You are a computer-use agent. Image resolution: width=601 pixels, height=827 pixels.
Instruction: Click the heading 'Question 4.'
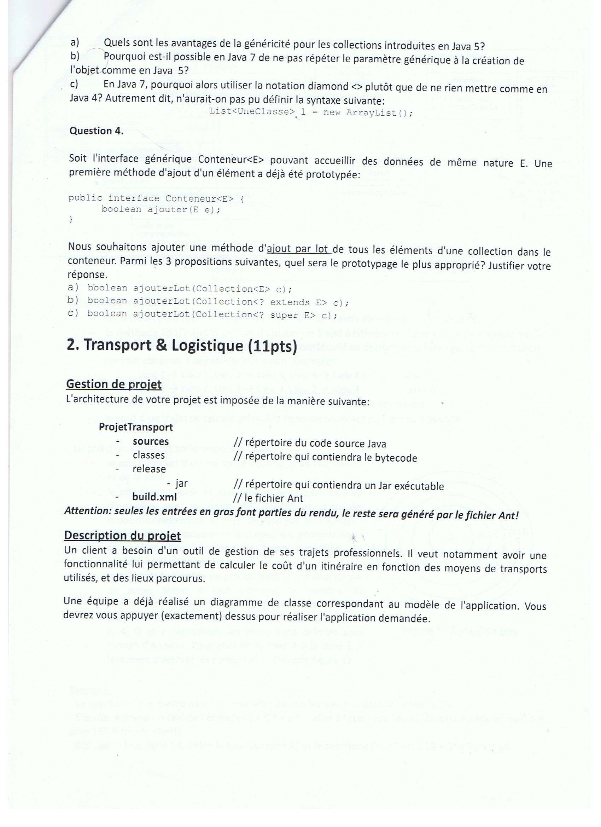point(96,131)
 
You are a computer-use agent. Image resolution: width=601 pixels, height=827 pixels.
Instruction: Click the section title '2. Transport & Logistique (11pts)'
point(182,345)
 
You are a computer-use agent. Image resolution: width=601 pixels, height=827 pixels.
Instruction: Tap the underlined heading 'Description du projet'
point(122,536)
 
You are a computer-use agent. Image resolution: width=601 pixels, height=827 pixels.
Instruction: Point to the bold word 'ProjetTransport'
point(136,427)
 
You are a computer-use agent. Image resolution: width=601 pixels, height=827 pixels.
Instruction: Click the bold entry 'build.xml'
point(154,497)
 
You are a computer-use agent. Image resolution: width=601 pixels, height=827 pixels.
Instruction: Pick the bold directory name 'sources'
point(151,441)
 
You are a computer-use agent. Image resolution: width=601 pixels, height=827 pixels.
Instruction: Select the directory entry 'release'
point(149,469)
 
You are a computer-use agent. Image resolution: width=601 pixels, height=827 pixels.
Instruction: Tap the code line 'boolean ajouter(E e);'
point(161,210)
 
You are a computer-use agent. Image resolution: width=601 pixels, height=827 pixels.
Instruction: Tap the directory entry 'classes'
point(149,455)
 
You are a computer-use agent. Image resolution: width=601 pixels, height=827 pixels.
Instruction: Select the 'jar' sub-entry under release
point(181,484)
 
